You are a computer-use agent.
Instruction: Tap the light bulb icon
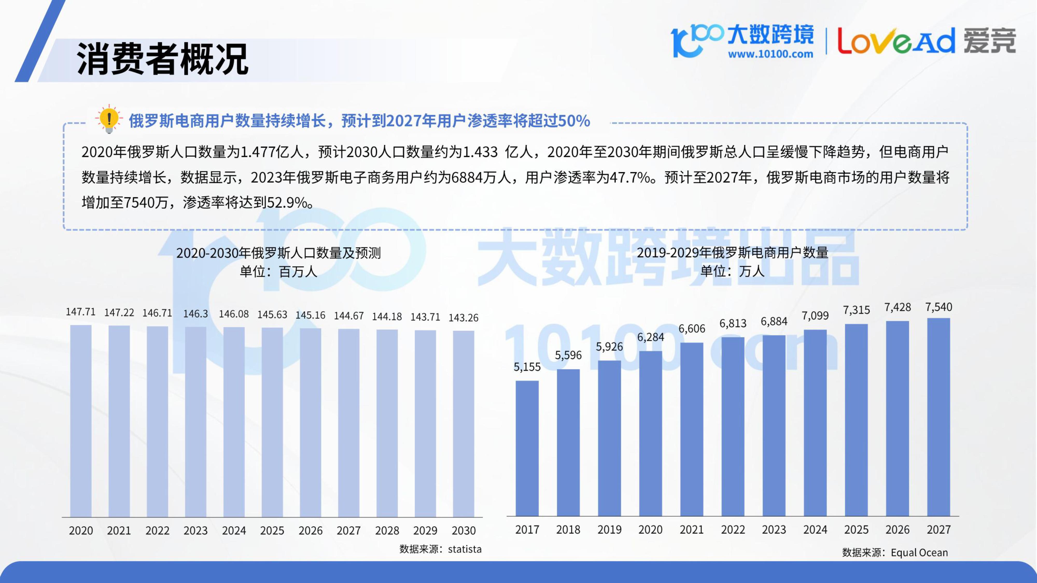[109, 119]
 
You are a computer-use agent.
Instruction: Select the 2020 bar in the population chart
[81, 421]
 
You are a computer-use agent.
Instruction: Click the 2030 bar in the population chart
[463, 423]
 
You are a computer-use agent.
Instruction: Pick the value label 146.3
[196, 314]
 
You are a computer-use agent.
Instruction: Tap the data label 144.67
[349, 316]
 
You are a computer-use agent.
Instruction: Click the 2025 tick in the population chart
[272, 531]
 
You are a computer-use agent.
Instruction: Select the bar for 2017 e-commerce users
[527, 448]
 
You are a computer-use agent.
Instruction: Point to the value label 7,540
[938, 307]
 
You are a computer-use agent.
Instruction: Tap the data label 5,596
[568, 355]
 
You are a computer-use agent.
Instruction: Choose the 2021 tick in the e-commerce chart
[692, 529]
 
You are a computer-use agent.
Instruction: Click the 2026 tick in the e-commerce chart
[897, 529]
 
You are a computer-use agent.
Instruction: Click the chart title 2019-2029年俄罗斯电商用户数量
[732, 253]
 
